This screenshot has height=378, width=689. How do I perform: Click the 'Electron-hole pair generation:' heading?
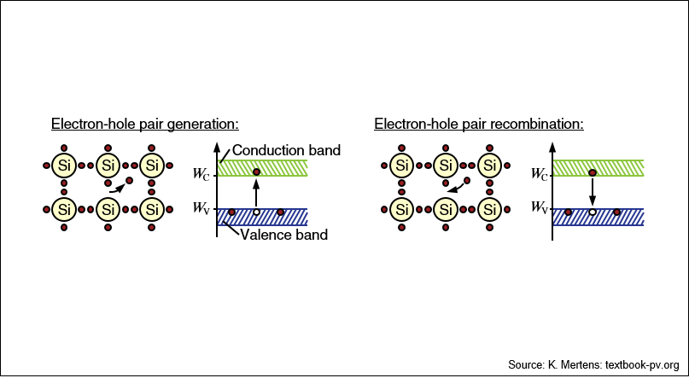pos(145,125)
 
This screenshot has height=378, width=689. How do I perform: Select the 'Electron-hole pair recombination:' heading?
pos(479,125)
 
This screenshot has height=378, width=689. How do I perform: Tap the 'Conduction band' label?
pos(287,150)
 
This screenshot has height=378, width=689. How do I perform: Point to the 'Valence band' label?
pos(283,235)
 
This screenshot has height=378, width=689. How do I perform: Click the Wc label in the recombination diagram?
pos(540,174)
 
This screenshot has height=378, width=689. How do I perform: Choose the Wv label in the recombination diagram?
pos(540,207)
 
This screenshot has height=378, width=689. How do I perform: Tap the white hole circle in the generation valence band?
pos(257,212)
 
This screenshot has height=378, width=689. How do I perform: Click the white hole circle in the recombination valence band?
pos(593,212)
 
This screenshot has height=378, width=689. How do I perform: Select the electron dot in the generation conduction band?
pos(257,172)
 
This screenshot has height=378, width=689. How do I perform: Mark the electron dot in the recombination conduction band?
pos(593,173)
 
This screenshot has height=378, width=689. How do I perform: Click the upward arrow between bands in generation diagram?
pos(257,191)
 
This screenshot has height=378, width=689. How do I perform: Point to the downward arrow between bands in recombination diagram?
pos(593,192)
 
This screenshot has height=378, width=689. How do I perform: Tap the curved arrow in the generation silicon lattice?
pos(118,189)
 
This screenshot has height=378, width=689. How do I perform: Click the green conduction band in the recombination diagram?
pos(598,168)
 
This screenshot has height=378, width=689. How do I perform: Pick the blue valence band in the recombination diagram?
pos(598,217)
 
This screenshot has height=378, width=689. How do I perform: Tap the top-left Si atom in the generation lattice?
pos(64,166)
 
